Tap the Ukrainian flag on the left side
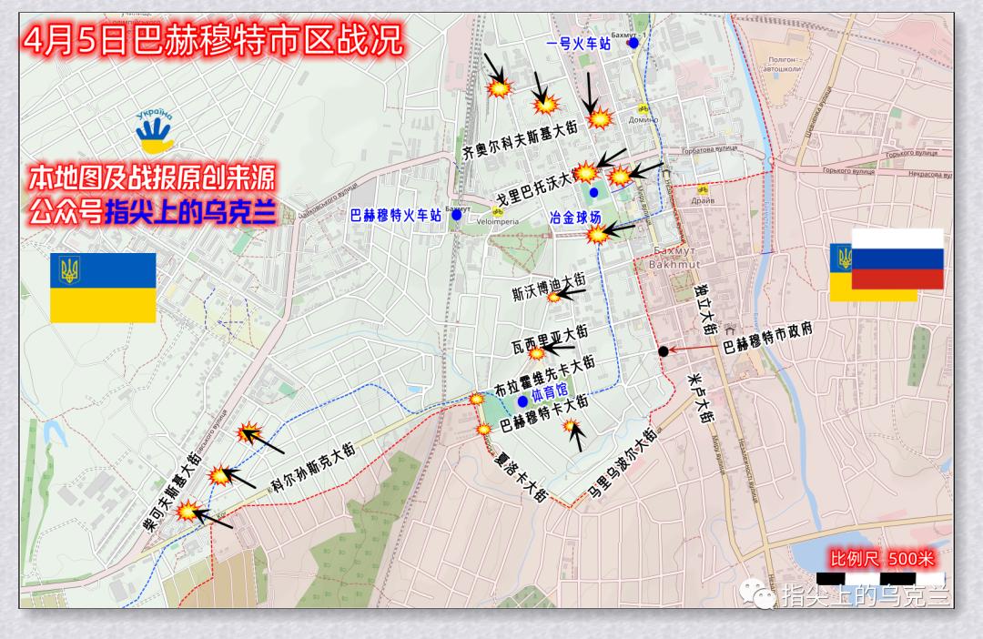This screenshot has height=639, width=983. tap(103, 287)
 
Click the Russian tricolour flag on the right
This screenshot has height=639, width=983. tap(897, 259)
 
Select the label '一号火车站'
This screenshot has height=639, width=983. tap(579, 44)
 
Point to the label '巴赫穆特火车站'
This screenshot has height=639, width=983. tap(396, 216)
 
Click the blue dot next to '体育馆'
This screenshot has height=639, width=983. tap(522, 401)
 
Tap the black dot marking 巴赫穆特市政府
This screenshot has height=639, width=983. tap(664, 351)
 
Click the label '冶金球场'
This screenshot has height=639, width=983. tap(575, 218)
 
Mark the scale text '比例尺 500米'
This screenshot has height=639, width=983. tap(881, 558)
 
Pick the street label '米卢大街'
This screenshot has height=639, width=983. tap(703, 398)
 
